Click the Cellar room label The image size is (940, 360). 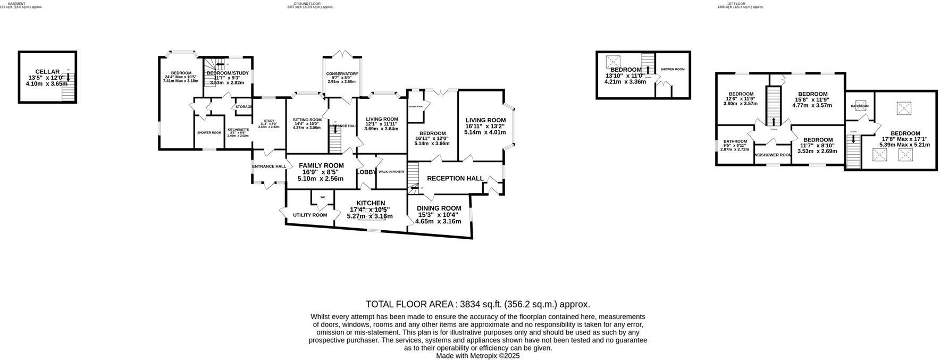(x=47, y=72)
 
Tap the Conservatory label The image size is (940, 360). (x=342, y=74)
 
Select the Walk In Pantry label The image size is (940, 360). (x=391, y=172)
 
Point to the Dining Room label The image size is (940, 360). (x=439, y=208)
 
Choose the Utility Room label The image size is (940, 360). (x=310, y=215)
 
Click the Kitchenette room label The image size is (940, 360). (x=238, y=130)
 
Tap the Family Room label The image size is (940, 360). (x=321, y=165)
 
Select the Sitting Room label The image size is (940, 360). (x=307, y=120)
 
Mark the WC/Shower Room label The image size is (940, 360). (x=773, y=155)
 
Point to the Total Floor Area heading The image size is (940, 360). (x=477, y=304)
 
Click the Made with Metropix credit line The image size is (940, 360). (x=477, y=356)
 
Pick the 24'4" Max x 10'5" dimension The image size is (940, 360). (x=181, y=77)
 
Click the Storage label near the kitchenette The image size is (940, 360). (x=244, y=107)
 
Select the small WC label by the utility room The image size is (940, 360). (x=322, y=197)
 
